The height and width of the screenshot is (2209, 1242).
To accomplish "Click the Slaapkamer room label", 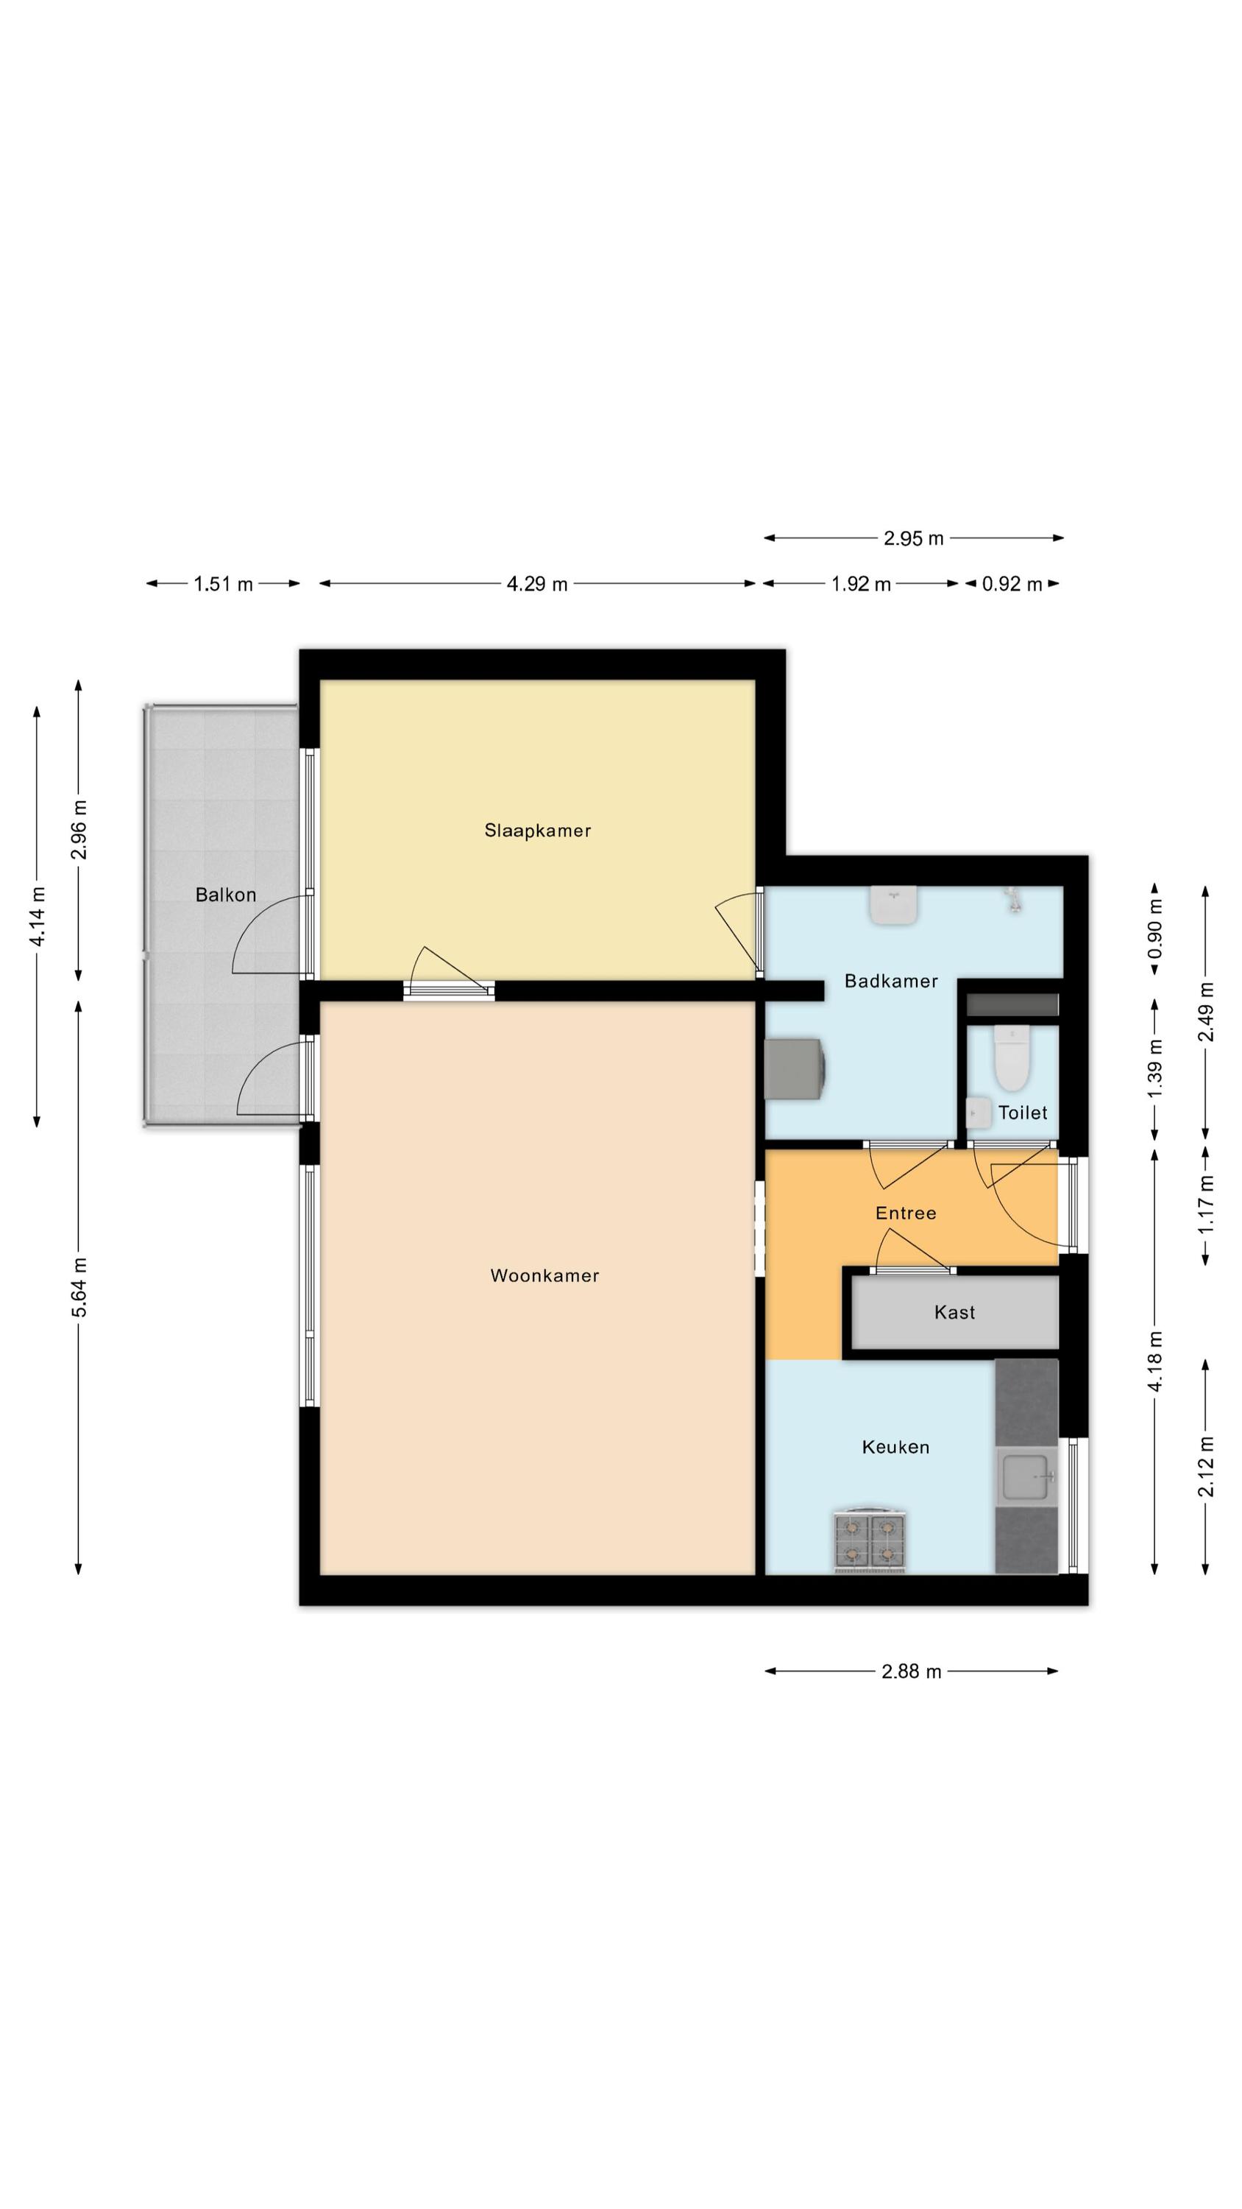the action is (537, 830).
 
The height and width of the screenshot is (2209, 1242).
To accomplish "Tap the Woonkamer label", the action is (544, 1275).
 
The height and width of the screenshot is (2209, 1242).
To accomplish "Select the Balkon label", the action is (225, 895).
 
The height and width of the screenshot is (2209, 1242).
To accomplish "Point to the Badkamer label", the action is (890, 981).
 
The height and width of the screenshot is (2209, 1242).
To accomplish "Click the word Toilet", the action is (1023, 1112).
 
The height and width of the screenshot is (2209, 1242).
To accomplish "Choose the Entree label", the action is (905, 1213).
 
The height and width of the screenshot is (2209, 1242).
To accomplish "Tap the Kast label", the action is (954, 1312).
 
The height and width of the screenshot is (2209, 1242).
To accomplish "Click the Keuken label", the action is (895, 1447).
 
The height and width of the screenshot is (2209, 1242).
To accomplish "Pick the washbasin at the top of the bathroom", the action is (894, 905).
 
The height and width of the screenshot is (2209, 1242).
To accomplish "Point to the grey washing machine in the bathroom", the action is (795, 1068).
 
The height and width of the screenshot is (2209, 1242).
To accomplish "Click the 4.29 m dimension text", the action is (536, 584).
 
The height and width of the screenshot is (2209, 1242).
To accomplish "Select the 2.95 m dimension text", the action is (913, 538).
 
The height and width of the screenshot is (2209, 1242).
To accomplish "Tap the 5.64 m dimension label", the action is (79, 1287).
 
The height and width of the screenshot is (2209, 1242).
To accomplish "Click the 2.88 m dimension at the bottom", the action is (911, 1671).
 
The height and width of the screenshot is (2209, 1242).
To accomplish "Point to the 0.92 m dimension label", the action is (1012, 584).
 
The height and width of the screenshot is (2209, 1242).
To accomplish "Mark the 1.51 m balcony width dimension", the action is (223, 584).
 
